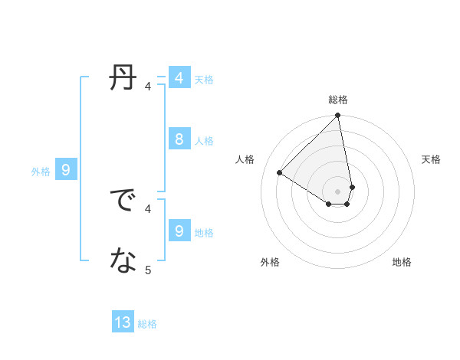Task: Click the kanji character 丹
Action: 123,78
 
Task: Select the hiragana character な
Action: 123,261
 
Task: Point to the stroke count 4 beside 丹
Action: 148,87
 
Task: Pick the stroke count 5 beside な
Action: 148,270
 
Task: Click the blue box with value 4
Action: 179,78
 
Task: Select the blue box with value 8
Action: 179,139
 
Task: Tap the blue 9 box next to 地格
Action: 179,231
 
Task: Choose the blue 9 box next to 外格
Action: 66,170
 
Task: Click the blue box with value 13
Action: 123,322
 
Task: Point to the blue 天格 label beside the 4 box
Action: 204,80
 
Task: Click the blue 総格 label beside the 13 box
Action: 147,324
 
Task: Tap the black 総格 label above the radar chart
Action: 338,100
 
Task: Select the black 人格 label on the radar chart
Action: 245,159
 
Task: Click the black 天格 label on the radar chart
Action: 431,159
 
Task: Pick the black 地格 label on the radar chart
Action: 402,262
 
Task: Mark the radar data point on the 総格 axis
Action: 338,116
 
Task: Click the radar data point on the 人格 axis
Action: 280,172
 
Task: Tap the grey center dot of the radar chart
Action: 338,191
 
